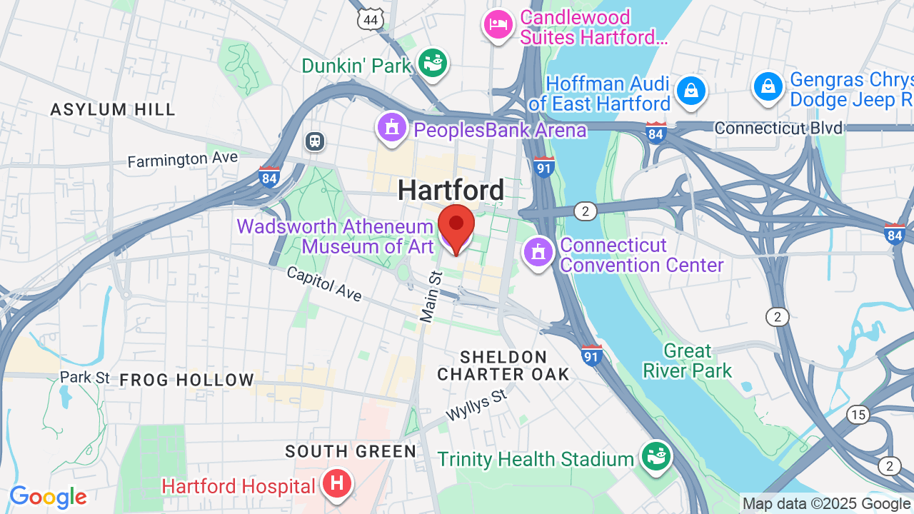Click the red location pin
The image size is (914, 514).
point(456,227)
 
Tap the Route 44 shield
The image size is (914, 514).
point(371,19)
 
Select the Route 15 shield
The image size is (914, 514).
point(858,415)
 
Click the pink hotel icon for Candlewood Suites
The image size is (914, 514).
point(498,26)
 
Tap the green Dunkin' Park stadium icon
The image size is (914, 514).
point(433,63)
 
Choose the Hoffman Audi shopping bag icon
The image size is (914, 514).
point(690,91)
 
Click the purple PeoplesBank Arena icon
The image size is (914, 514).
point(391,128)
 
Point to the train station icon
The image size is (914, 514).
point(315,141)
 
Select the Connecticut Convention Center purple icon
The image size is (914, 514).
point(538,252)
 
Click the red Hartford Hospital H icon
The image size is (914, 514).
point(338,484)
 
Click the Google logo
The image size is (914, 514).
point(48,497)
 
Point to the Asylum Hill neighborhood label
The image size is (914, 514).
point(113,109)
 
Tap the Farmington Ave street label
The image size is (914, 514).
point(183,158)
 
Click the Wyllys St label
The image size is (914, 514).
point(476,405)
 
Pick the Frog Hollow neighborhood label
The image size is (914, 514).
point(186,380)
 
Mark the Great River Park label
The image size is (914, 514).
point(688,361)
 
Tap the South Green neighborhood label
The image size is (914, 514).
point(351,451)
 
